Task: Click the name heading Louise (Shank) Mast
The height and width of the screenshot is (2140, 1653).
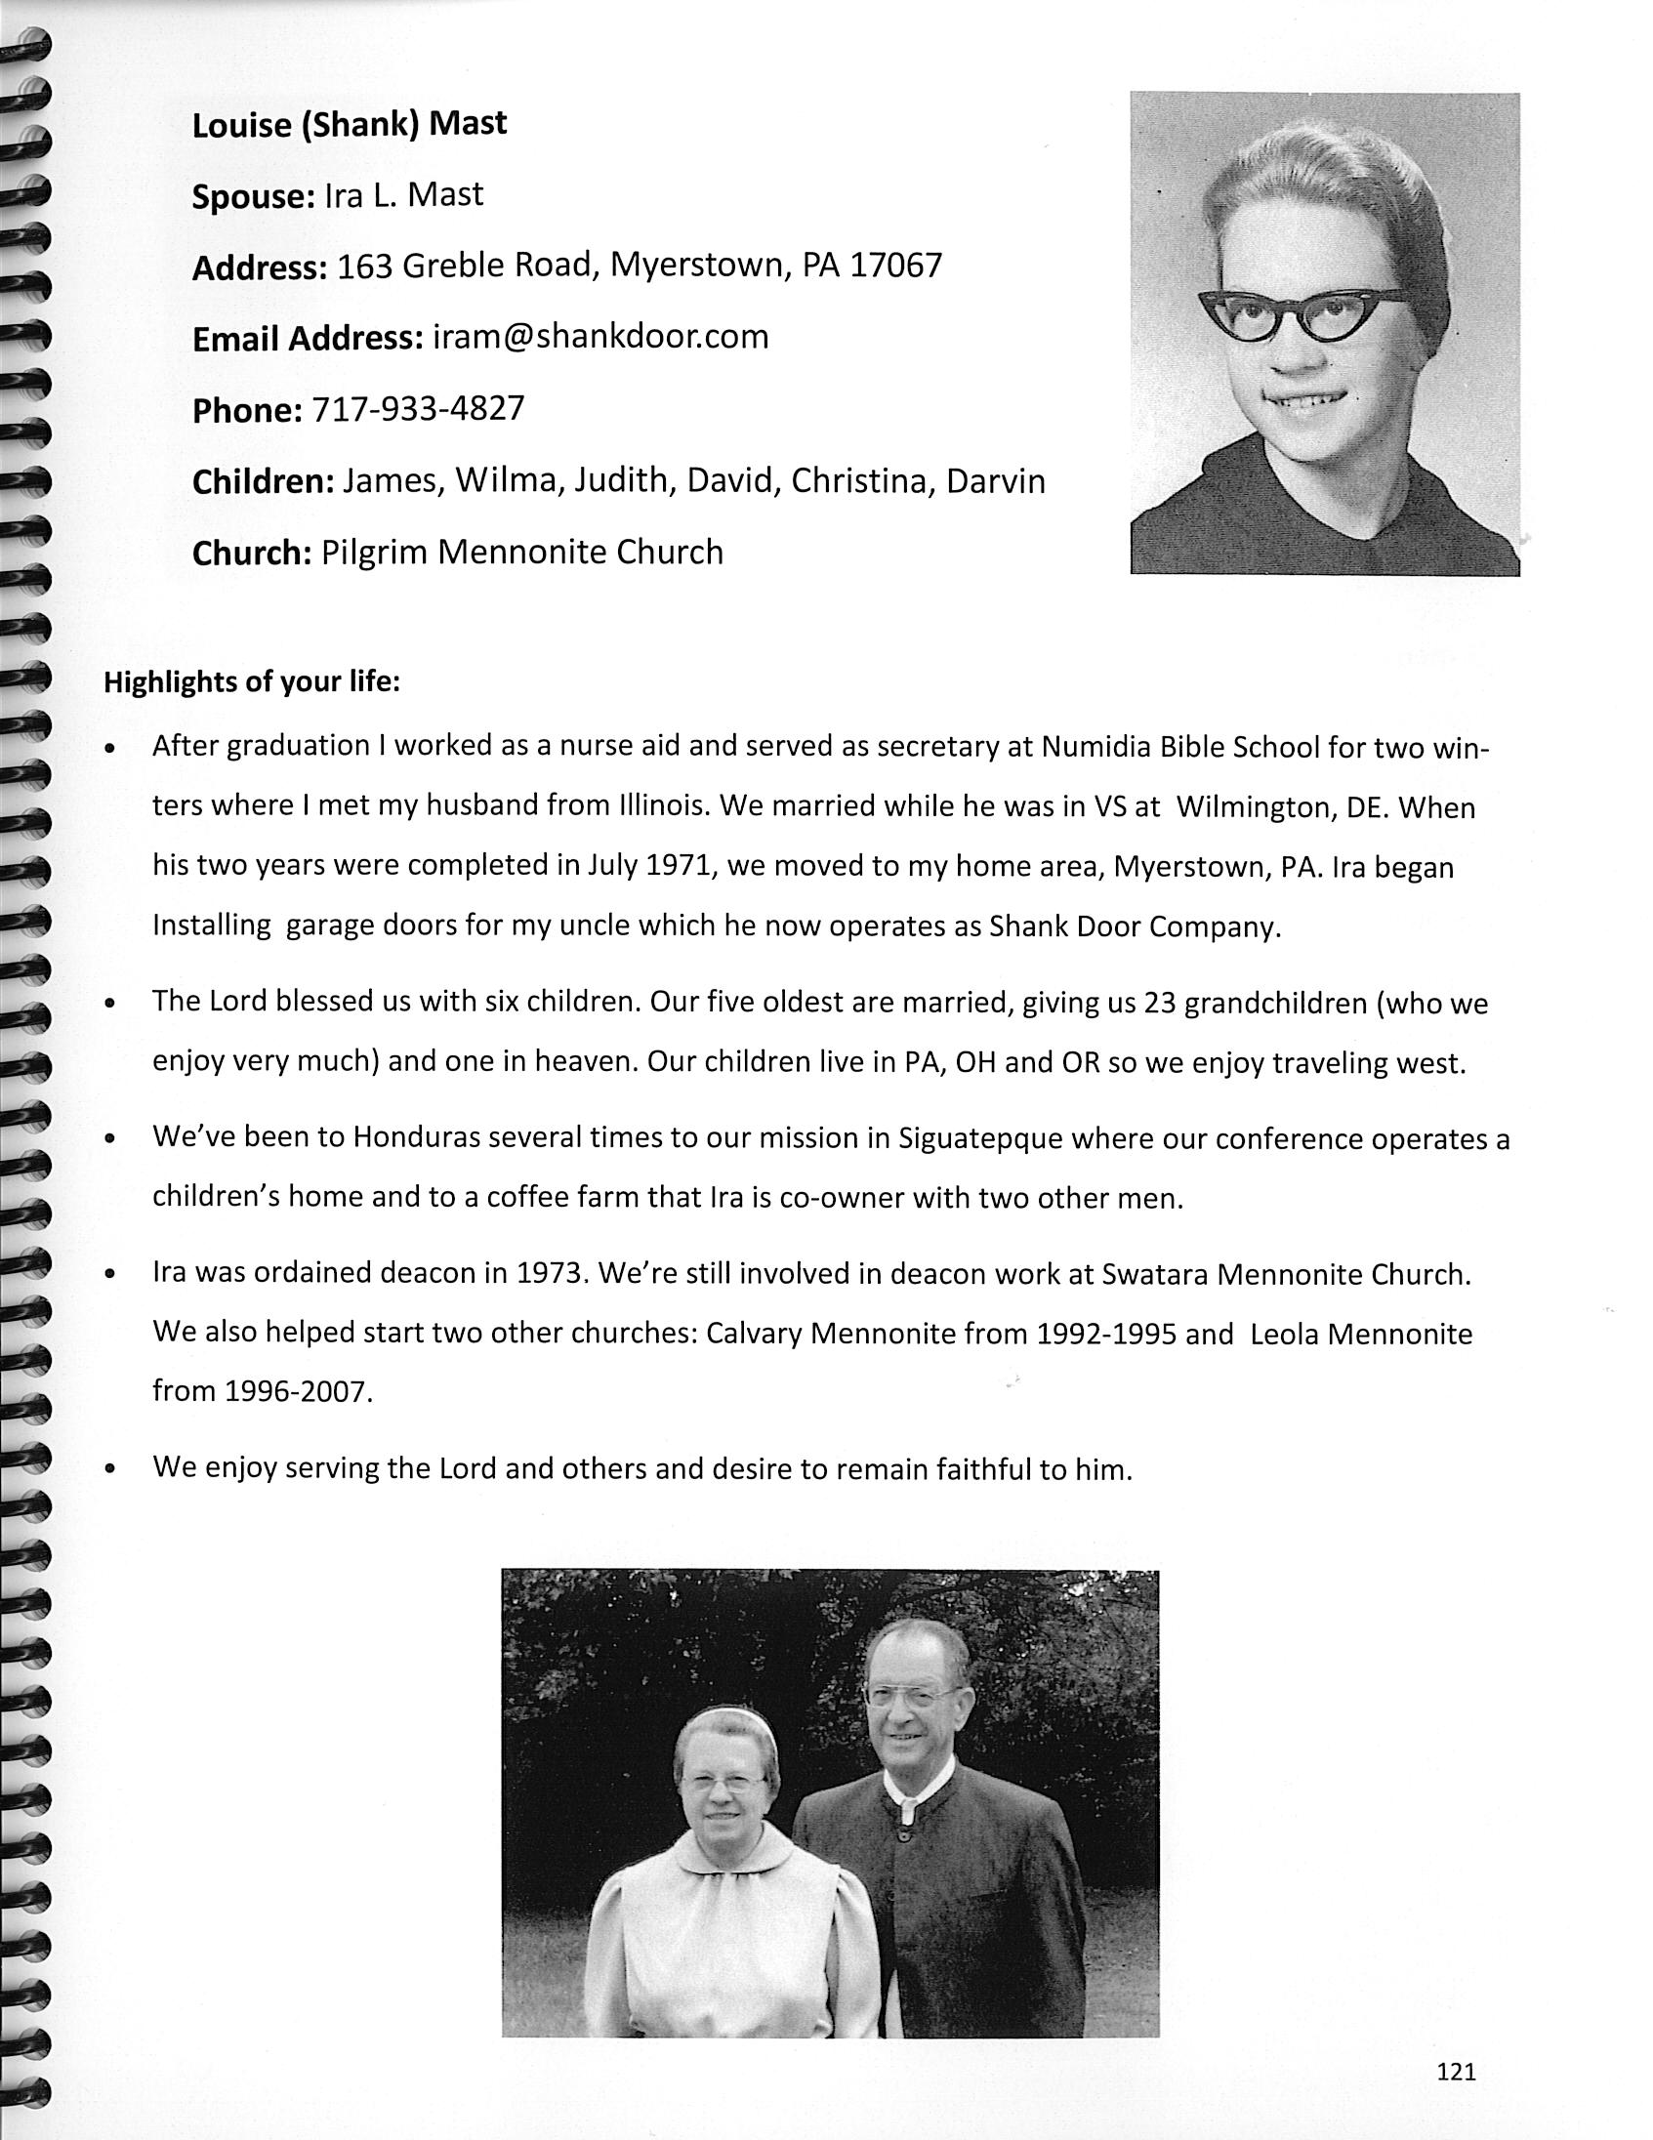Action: click(349, 124)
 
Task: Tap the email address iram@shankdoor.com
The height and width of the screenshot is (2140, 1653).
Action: click(599, 337)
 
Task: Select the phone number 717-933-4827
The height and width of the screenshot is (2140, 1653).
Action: click(418, 408)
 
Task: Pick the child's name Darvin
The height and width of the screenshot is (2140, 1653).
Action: click(996, 481)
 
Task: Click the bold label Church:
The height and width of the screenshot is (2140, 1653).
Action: click(251, 554)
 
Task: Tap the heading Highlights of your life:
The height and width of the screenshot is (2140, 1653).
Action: click(252, 682)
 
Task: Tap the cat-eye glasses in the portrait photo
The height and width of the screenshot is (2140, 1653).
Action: click(1302, 312)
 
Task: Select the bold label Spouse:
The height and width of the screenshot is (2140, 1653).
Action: click(252, 197)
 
